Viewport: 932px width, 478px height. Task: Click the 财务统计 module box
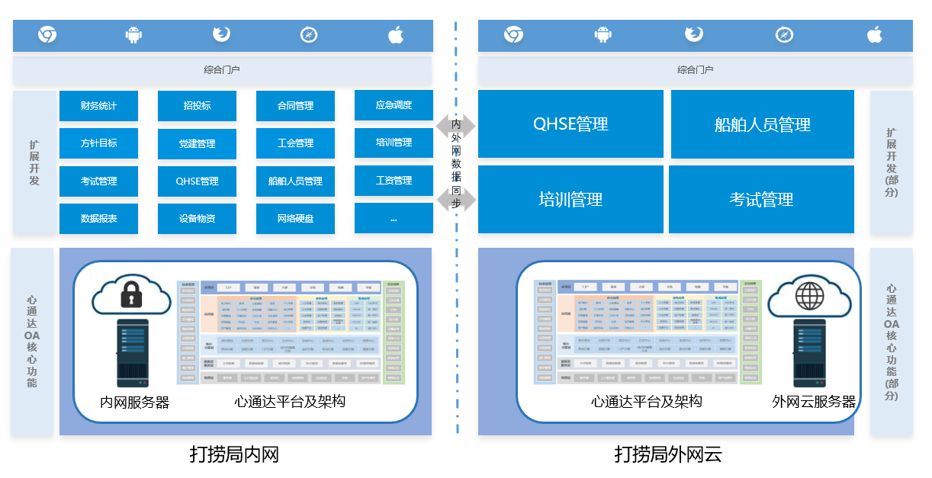pos(98,105)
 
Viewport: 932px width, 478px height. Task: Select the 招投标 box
pos(197,105)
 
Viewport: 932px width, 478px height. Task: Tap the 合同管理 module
pos(295,105)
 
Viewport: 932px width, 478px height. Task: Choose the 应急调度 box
pos(394,104)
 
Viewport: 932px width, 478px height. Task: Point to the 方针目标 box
pos(98,143)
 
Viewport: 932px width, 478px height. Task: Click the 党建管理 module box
pos(197,143)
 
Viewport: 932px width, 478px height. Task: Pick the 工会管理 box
pos(295,143)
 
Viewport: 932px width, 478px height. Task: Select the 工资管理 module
pos(394,180)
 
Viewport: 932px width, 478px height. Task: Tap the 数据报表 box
pos(98,218)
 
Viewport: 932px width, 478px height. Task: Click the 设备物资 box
pos(197,218)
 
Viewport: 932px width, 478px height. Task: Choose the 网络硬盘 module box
pos(295,218)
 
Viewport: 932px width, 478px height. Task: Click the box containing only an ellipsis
pos(394,218)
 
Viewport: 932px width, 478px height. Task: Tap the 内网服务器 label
pos(135,402)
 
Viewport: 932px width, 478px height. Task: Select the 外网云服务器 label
pos(814,402)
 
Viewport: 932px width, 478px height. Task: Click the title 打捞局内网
pos(234,455)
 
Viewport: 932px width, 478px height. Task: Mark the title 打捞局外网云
pos(668,455)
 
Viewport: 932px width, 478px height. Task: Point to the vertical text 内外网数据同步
pos(456,162)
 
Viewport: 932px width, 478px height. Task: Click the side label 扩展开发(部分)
pos(891,162)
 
